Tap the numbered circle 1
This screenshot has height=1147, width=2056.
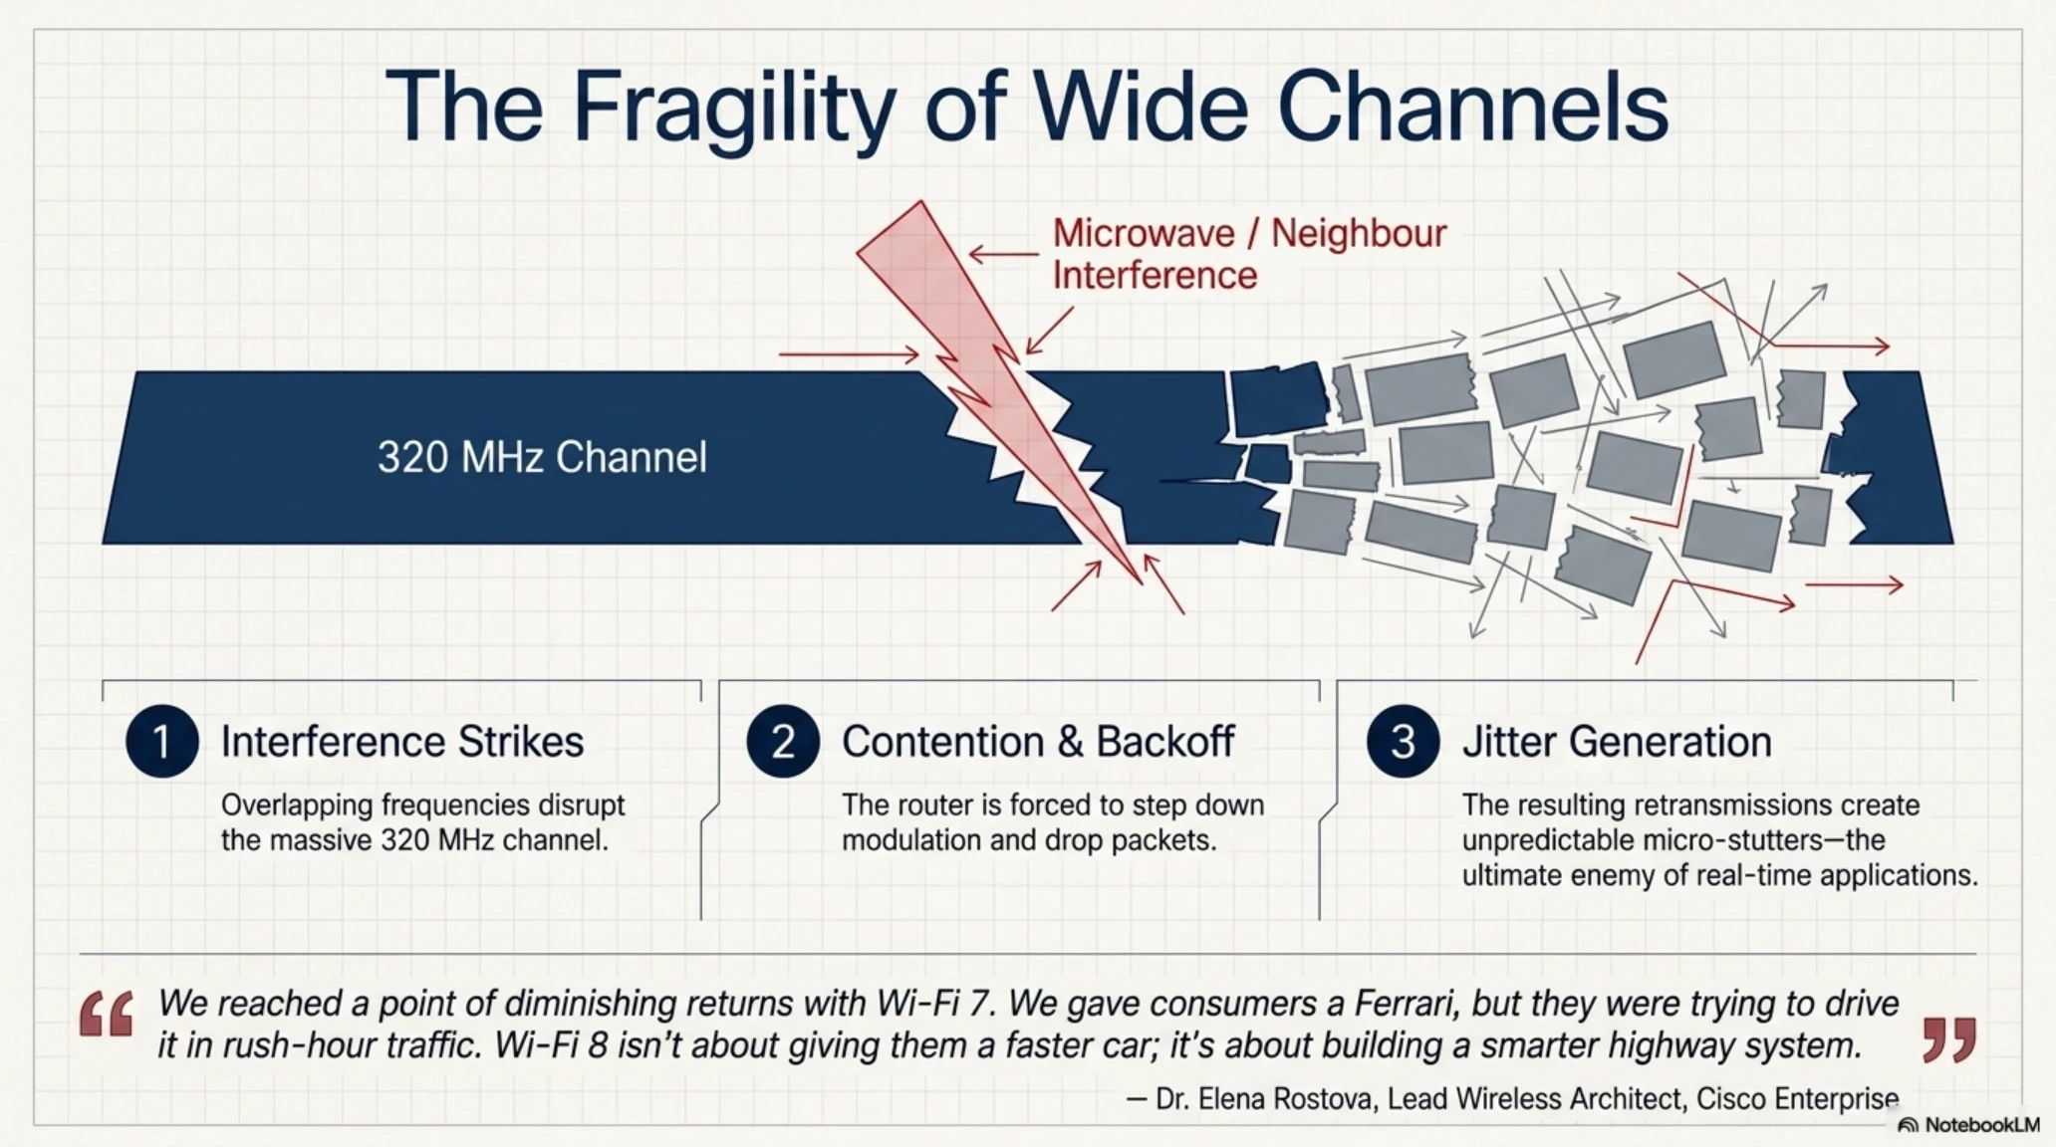point(161,742)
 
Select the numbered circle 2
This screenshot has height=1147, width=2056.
point(783,742)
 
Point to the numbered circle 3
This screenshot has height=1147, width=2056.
point(1403,742)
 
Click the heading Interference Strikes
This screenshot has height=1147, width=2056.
point(402,742)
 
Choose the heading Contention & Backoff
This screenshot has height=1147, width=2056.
point(1038,742)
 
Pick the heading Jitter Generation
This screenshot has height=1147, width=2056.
point(1617,742)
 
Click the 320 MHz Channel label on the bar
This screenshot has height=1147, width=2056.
point(542,458)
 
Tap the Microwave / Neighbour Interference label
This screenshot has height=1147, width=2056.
point(1249,254)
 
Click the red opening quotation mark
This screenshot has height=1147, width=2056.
point(107,1015)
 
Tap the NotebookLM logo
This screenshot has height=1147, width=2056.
point(1968,1125)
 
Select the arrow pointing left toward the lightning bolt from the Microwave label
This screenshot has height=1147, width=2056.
point(1004,255)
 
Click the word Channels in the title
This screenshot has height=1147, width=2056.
point(1472,108)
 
